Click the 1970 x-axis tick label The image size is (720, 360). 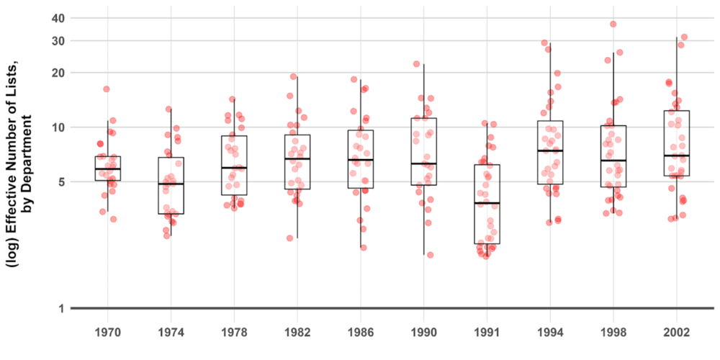(108, 333)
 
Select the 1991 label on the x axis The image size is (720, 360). (487, 333)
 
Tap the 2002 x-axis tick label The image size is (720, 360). (677, 333)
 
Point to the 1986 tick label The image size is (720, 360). (361, 333)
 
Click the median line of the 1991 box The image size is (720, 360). (487, 203)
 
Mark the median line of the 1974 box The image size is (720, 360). (171, 184)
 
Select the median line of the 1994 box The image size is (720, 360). (550, 150)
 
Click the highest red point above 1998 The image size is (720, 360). (613, 24)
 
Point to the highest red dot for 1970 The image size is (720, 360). (107, 89)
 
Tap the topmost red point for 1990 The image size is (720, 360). (416, 64)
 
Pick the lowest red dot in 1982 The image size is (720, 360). (291, 238)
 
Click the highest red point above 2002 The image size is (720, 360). (684, 37)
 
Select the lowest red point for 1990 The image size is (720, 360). (430, 254)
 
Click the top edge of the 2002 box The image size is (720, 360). (677, 111)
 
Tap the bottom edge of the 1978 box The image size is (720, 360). (234, 195)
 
